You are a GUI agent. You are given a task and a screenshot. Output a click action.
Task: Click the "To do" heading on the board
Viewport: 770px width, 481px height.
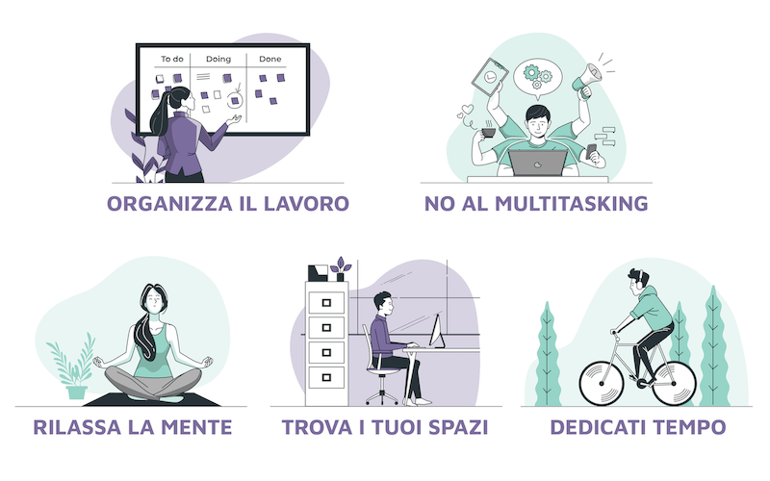pos(172,59)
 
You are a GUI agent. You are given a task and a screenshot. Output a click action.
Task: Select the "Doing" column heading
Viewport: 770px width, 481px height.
pos(218,60)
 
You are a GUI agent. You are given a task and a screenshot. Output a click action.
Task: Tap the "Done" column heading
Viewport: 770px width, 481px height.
pos(270,59)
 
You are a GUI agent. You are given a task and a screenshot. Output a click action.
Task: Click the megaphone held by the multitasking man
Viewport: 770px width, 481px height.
pos(587,80)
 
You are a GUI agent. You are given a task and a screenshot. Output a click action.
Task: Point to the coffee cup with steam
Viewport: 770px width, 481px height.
pos(488,132)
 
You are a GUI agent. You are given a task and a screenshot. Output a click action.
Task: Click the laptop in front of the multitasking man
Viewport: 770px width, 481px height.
pos(538,163)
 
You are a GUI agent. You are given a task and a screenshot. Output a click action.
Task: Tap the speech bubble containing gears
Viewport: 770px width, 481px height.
pos(538,78)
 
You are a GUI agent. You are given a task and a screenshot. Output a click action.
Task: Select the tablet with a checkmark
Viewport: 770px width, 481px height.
pos(490,77)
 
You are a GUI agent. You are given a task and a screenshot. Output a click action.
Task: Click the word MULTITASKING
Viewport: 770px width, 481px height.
pos(571,204)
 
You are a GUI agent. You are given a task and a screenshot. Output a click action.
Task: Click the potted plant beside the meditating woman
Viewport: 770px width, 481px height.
pos(74,367)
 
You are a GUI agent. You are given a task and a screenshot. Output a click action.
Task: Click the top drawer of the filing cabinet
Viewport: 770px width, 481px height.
pos(326,303)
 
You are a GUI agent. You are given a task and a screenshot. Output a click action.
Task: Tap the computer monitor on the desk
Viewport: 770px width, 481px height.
pos(437,331)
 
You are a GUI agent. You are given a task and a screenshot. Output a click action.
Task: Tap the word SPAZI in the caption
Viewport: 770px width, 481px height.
pos(458,427)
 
